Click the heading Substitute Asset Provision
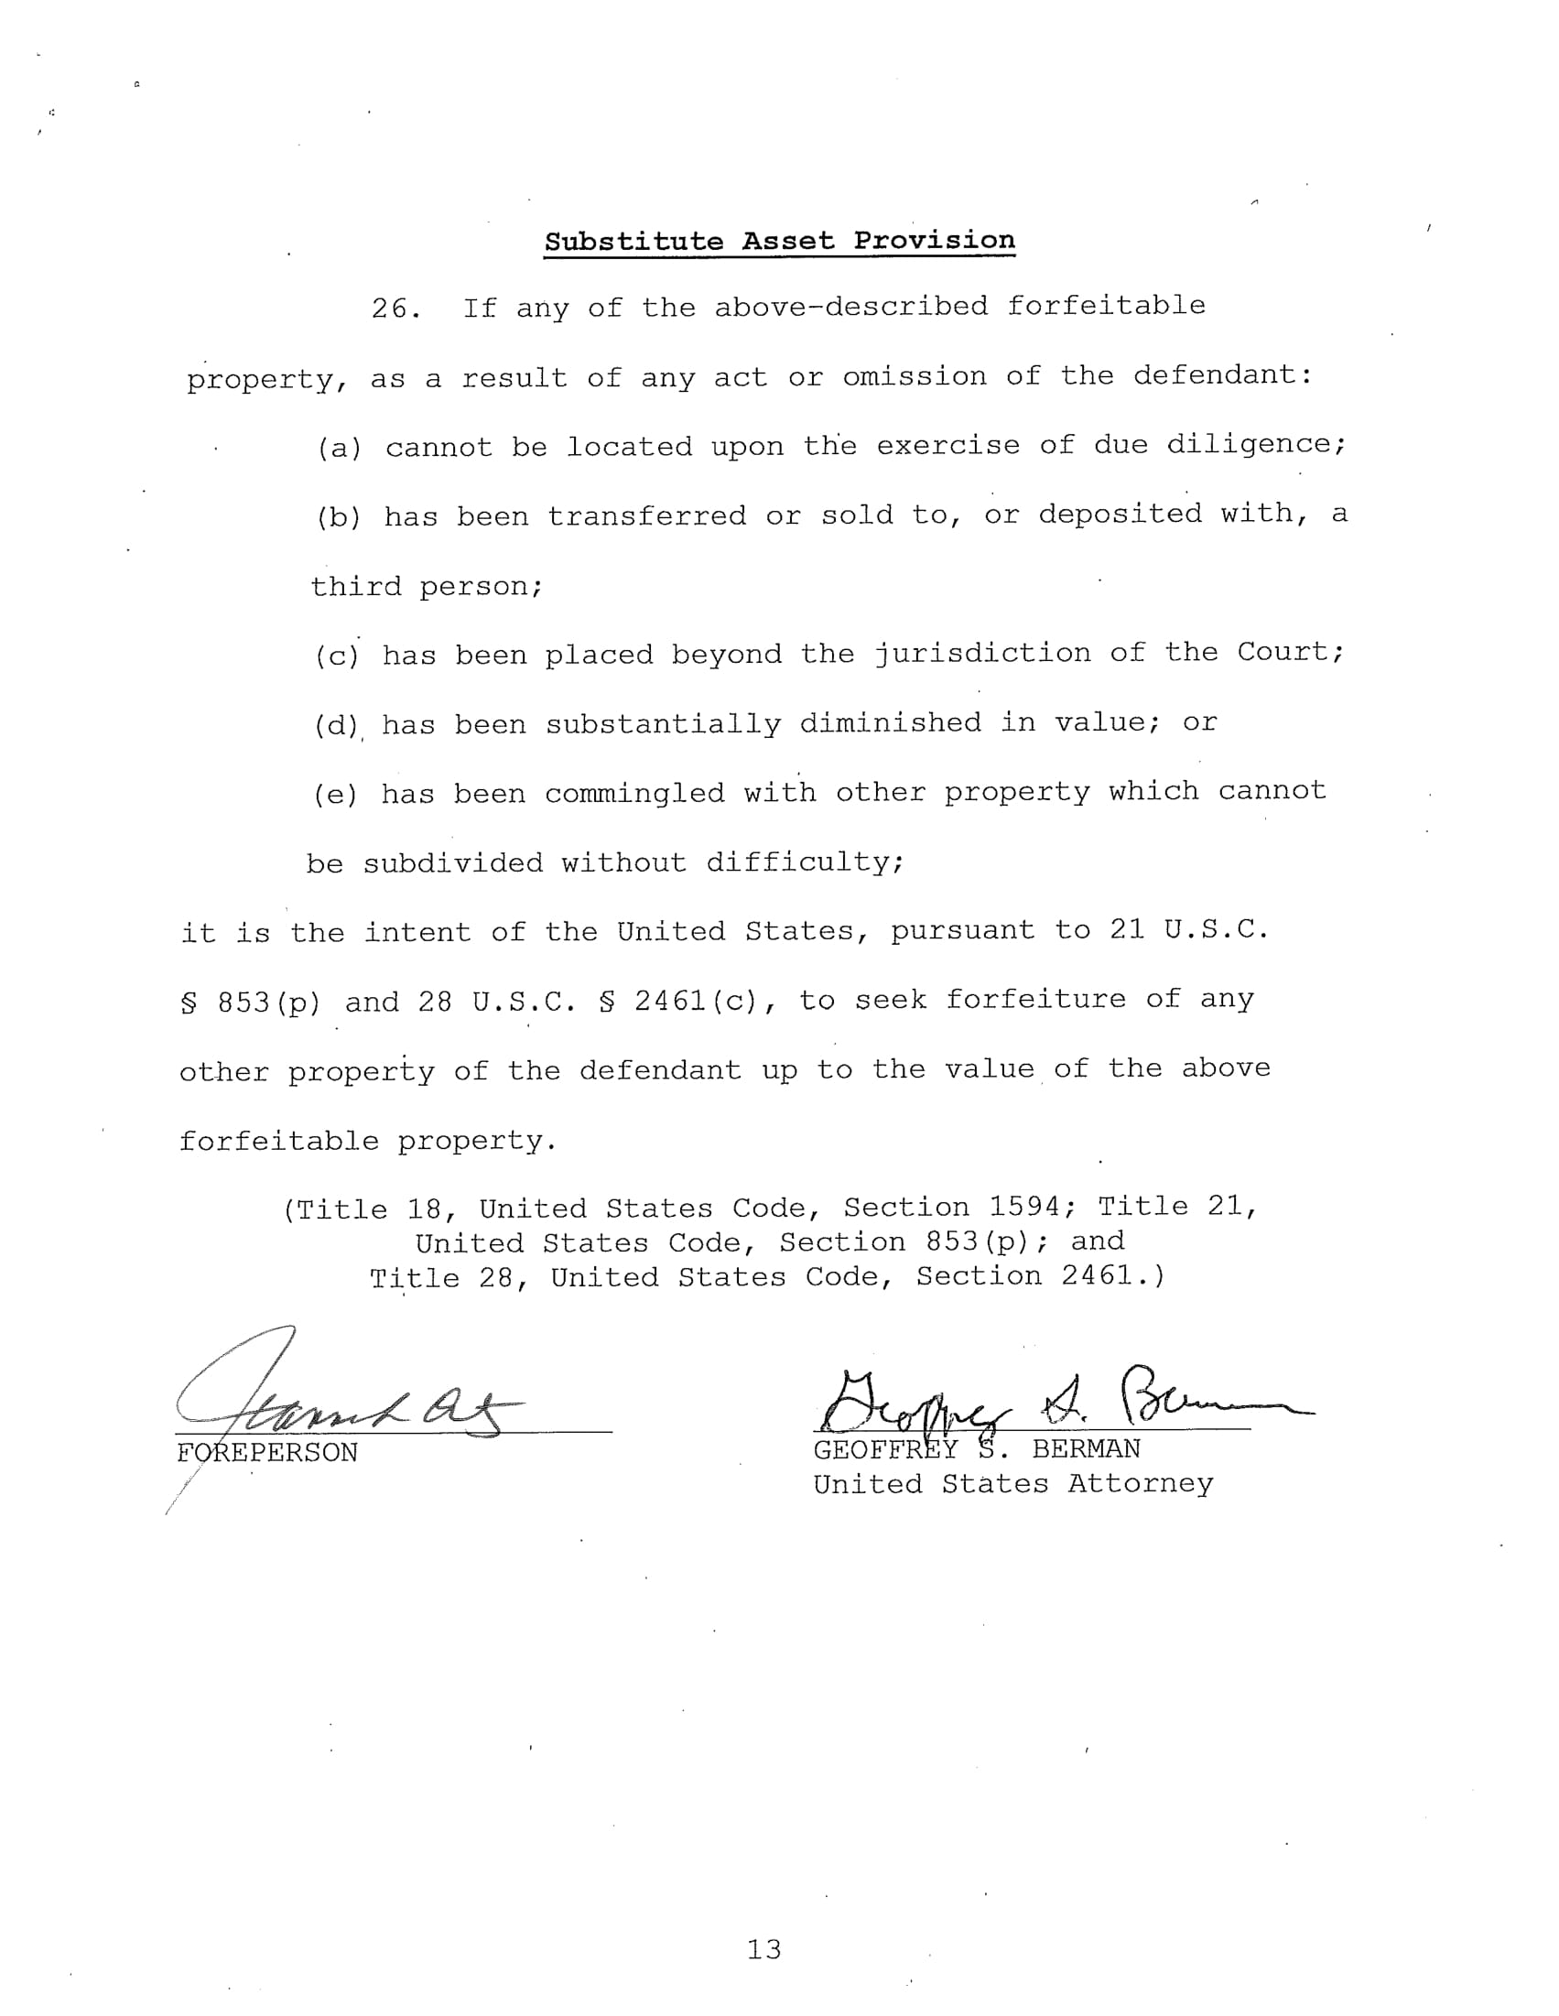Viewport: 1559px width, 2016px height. click(779, 242)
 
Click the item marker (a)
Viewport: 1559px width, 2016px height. click(339, 449)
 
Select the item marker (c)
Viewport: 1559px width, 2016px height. click(336, 656)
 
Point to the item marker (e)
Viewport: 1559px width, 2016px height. click(335, 795)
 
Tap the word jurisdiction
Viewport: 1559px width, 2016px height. click(982, 654)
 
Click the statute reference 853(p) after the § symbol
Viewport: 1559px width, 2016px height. click(268, 1003)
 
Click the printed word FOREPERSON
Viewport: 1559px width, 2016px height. click(266, 1454)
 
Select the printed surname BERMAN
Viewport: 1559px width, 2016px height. click(1086, 1450)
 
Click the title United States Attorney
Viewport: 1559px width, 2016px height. click(1012, 1484)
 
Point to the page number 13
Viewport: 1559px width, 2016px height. click(763, 1949)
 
